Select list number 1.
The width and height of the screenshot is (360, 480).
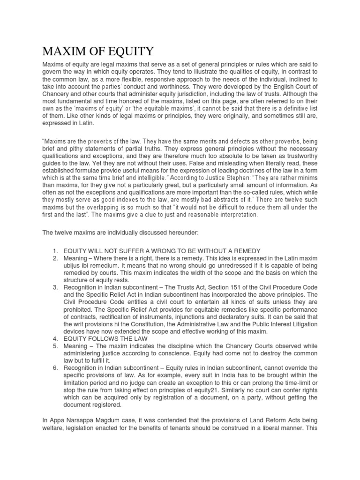click(x=55, y=251)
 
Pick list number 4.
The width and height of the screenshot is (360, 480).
click(x=55, y=338)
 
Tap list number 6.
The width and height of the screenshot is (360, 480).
click(x=55, y=368)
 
